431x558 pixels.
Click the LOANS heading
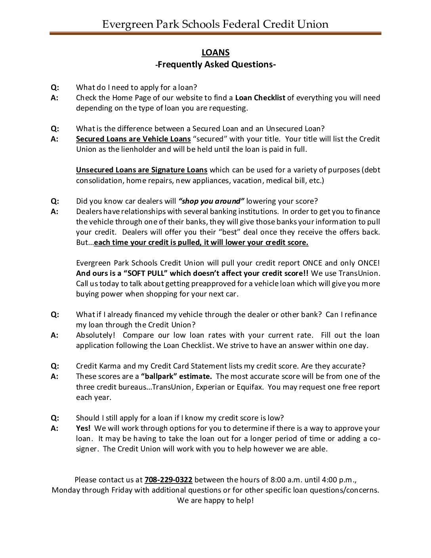[x=215, y=53]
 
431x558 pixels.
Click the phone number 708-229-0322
[x=168, y=480]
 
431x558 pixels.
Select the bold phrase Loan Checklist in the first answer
[x=260, y=98]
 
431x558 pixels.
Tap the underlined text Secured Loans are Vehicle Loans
[x=133, y=139]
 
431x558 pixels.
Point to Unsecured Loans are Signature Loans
[x=142, y=170]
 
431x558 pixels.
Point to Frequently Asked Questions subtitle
[x=215, y=64]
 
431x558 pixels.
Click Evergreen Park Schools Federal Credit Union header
[x=215, y=24]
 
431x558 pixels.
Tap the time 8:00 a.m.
[x=287, y=480]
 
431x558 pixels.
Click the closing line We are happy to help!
[x=215, y=501]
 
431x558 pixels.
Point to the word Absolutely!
[x=95, y=335]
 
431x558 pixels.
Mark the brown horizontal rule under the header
[x=215, y=34]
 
